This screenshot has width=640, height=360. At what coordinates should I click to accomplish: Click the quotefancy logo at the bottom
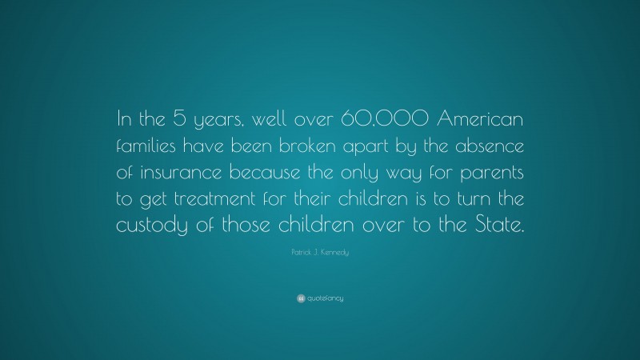320,298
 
